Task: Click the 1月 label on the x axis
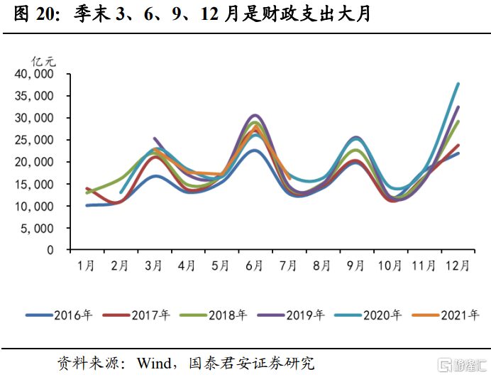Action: click(87, 267)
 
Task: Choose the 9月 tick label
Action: click(355, 267)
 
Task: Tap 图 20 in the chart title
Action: click(31, 15)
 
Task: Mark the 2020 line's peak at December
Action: click(458, 84)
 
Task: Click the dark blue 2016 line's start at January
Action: click(87, 205)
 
